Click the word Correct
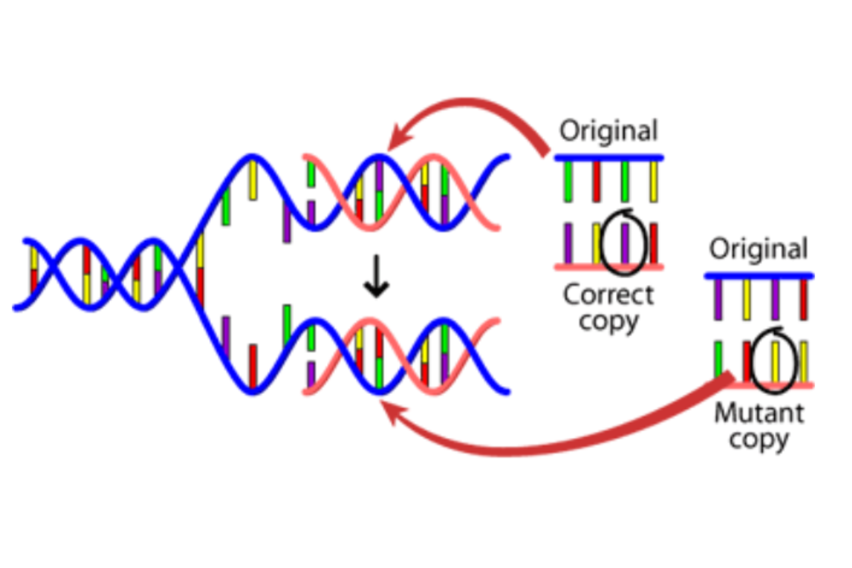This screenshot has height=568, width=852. (608, 295)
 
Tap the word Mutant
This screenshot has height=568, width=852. (759, 413)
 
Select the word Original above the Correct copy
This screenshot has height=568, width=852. (608, 131)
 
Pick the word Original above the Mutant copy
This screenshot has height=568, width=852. (758, 249)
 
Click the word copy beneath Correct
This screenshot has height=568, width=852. (608, 322)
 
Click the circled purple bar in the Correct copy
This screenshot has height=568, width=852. (625, 243)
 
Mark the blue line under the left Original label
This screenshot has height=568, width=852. (608, 157)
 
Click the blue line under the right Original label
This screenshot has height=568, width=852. (759, 276)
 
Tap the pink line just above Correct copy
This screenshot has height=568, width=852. (608, 266)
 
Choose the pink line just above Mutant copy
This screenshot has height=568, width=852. (784, 385)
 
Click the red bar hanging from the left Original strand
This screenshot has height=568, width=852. (596, 181)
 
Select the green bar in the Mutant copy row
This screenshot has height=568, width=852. (718, 359)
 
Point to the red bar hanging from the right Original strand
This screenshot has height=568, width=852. (804, 299)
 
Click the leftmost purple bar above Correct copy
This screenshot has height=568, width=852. (568, 243)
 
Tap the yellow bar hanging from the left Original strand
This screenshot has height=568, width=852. (654, 181)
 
